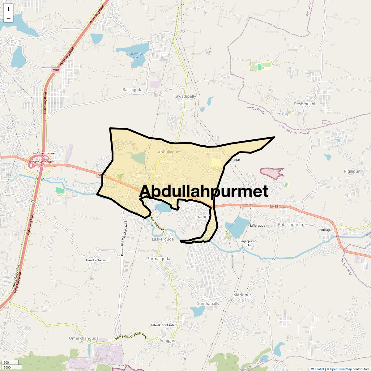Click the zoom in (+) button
click(8, 9)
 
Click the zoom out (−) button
click(8, 18)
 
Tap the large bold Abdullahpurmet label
click(204, 191)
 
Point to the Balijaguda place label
click(132, 90)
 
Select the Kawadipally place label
click(185, 96)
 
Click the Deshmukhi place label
click(304, 104)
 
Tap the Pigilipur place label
click(352, 171)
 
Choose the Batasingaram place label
click(291, 225)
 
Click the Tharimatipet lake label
click(136, 55)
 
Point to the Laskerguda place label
click(163, 239)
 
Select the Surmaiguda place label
click(158, 259)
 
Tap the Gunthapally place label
click(208, 304)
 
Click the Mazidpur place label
click(242, 295)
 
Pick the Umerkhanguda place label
click(83, 338)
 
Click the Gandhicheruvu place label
click(97, 260)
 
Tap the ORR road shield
click(56, 70)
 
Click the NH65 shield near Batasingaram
click(274, 207)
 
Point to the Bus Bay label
click(283, 114)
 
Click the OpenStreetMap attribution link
click(341, 369)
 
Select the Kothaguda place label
click(327, 230)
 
